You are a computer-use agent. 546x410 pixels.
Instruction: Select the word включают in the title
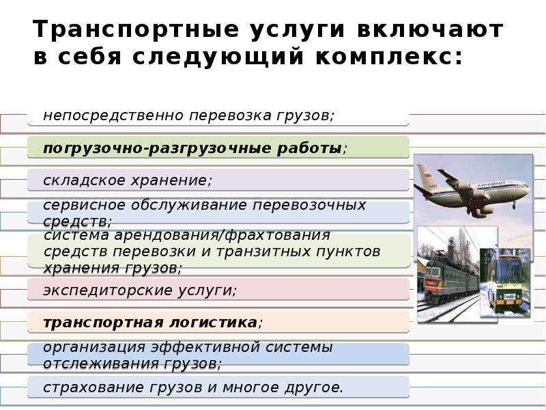coord(430,29)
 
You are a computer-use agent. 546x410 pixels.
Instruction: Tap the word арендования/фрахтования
coord(222,235)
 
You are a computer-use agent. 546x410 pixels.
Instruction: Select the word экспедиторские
coord(108,290)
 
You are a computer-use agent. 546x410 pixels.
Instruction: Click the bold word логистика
coord(213,323)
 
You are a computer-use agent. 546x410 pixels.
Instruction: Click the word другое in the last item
coord(313,388)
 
